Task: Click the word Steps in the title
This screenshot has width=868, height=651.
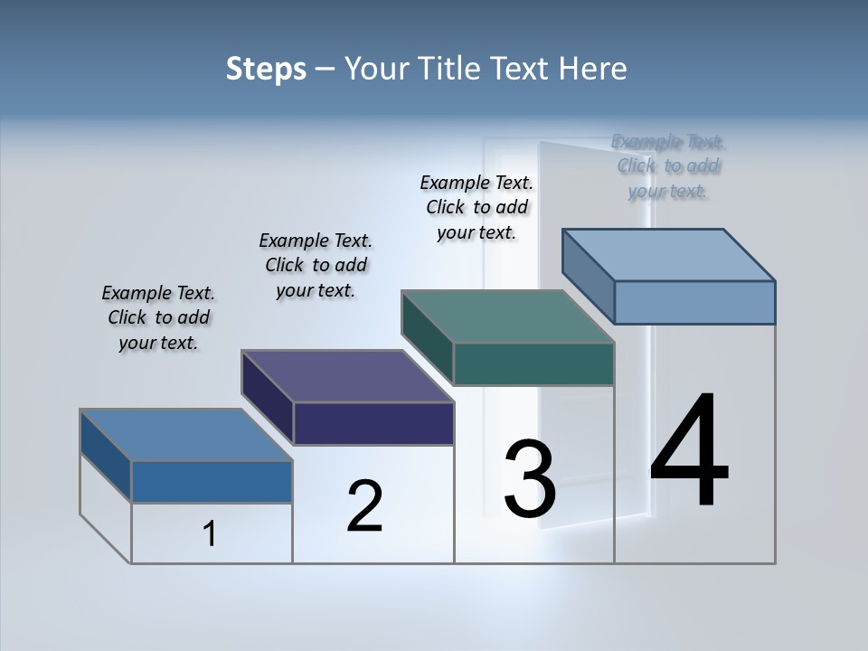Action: click(266, 69)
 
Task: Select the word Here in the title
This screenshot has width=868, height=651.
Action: click(594, 69)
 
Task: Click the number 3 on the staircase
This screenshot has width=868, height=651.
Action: click(530, 478)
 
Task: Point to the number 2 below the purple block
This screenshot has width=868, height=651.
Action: click(365, 506)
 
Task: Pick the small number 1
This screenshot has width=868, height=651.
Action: click(210, 533)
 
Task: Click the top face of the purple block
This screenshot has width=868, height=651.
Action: click(348, 375)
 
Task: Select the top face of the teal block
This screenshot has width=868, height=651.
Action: click(508, 316)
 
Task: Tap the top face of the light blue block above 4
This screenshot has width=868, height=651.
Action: click(669, 254)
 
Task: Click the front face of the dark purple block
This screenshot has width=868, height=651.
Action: click(373, 424)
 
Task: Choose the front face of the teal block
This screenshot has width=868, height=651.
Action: click(533, 364)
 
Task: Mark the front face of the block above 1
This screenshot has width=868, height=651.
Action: click(212, 482)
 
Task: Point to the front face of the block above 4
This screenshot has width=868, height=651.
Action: click(694, 302)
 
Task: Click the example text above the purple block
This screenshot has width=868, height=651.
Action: click(316, 265)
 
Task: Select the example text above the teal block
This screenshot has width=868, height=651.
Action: click(476, 207)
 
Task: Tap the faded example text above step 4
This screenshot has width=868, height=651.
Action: click(668, 166)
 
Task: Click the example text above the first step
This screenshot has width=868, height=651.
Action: click(158, 317)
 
